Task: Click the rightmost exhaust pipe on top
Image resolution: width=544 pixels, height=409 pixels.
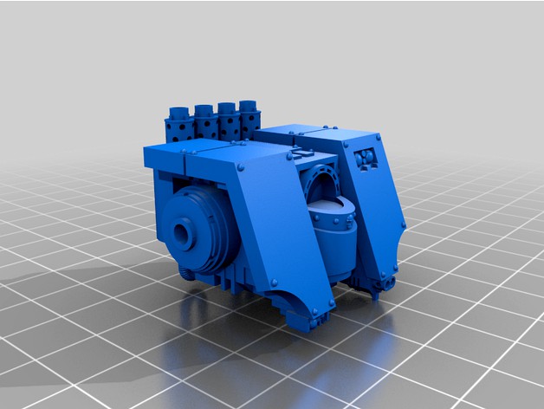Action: (250, 107)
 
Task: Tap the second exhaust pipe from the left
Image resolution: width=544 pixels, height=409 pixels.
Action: (204, 111)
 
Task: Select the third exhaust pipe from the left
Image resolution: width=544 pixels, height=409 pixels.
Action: (228, 109)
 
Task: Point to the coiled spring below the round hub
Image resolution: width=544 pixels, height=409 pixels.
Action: (186, 274)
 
